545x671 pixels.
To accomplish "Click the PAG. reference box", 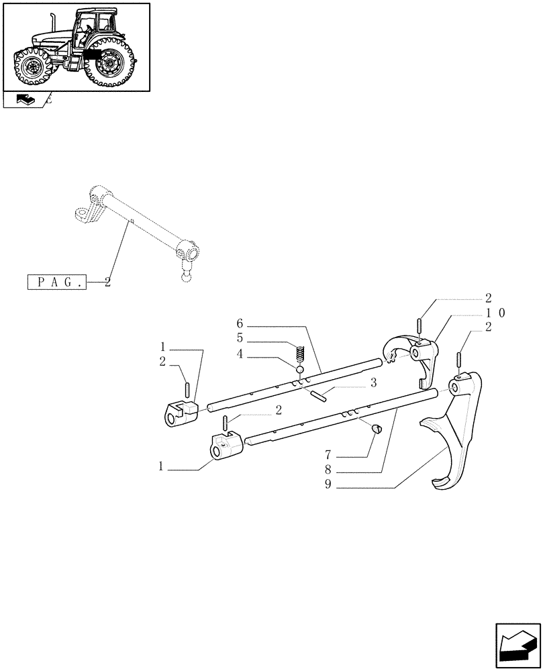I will pyautogui.click(x=58, y=283).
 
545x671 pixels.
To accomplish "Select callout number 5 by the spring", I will pyautogui.click(x=240, y=338).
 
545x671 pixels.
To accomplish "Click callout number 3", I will pyautogui.click(x=373, y=382).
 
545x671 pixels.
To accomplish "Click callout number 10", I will pyautogui.click(x=496, y=313).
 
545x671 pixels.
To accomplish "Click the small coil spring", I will pyautogui.click(x=301, y=353).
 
